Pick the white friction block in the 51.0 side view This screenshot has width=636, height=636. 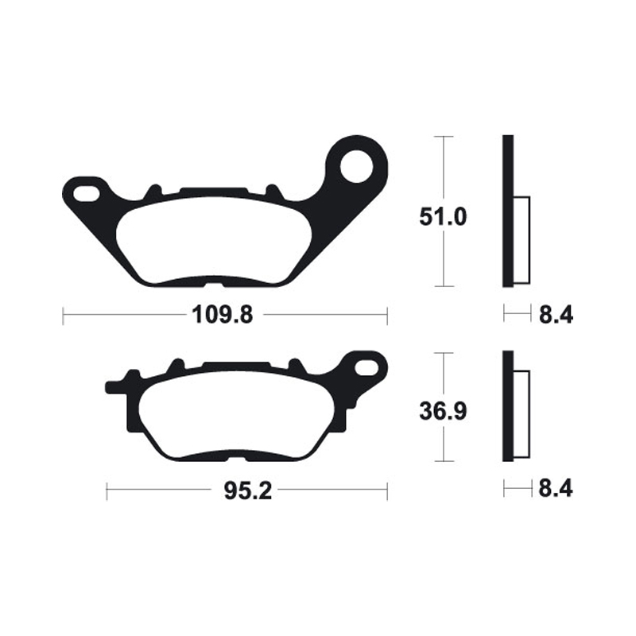(522, 238)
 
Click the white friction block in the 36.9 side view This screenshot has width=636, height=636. (522, 415)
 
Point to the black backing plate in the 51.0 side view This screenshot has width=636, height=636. (508, 211)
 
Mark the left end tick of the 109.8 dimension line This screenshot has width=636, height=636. (64, 316)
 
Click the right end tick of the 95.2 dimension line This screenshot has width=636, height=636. (386, 491)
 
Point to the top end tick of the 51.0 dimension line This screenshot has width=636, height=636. (442, 138)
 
